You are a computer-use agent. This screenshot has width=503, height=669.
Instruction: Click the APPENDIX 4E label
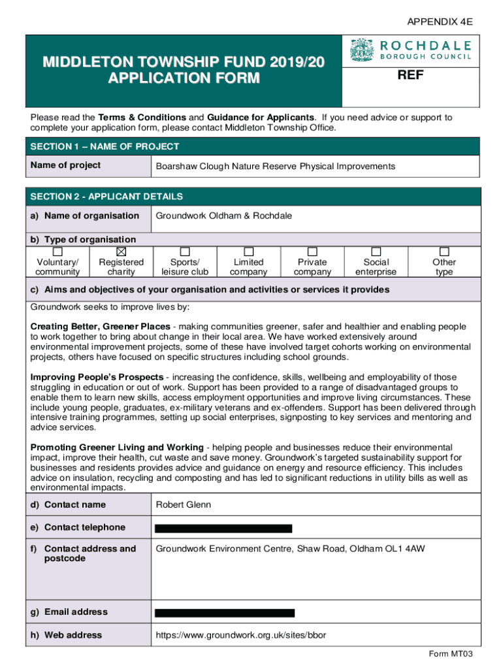(x=440, y=22)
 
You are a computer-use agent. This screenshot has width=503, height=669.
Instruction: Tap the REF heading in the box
(x=411, y=76)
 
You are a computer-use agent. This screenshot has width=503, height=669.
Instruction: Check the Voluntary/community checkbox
(x=57, y=252)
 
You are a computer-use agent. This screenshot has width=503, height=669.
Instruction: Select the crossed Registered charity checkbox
(x=121, y=252)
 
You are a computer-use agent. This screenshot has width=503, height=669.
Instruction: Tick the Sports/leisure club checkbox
(x=185, y=252)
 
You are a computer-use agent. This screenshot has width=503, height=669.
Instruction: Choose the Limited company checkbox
(x=249, y=252)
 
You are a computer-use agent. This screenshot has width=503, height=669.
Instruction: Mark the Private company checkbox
(x=312, y=252)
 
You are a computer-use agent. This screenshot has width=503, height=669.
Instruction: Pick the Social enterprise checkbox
(x=376, y=252)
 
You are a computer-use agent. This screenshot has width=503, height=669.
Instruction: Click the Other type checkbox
(x=444, y=252)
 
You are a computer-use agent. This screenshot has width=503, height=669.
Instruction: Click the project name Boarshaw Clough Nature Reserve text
(x=275, y=167)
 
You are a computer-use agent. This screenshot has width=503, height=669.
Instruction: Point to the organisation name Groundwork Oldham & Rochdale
(x=223, y=216)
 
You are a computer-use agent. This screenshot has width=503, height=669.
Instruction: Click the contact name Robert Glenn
(x=183, y=505)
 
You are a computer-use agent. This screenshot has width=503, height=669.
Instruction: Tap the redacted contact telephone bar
(x=223, y=528)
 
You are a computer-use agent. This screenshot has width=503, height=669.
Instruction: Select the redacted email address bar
(x=224, y=613)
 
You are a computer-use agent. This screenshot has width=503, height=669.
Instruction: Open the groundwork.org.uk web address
(x=240, y=635)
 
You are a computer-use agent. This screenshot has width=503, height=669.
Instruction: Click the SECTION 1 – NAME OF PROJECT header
(x=105, y=147)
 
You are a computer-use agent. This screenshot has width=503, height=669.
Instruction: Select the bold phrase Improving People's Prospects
(x=97, y=378)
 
